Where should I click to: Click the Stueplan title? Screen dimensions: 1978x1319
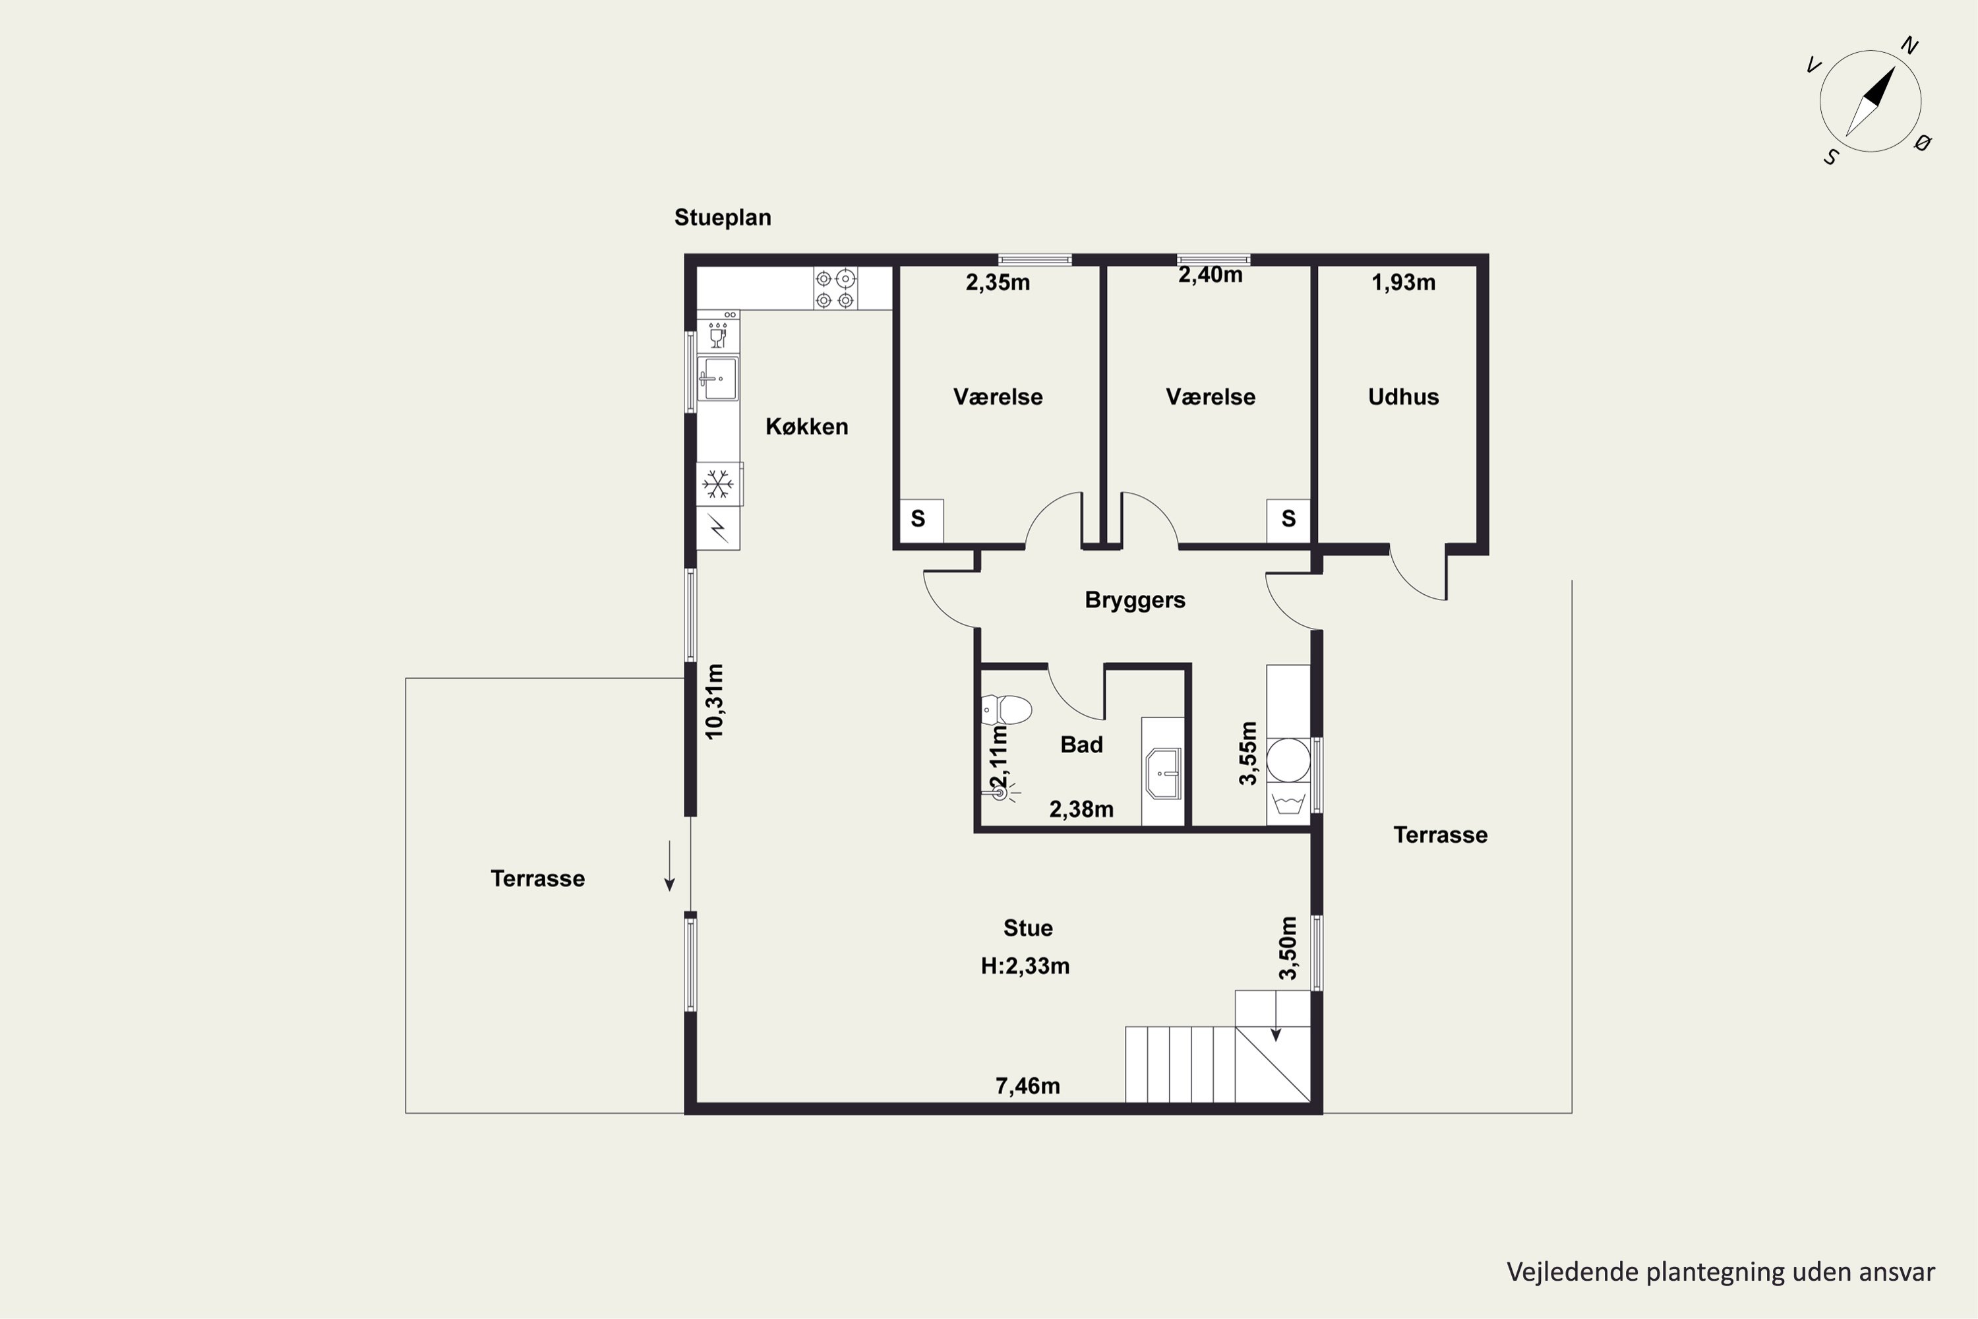(723, 218)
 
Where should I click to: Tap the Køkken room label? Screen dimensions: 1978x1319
(806, 427)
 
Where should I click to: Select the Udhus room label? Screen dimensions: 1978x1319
(1403, 397)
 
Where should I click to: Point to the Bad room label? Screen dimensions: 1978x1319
(1081, 745)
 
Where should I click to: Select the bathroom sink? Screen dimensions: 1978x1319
(1163, 773)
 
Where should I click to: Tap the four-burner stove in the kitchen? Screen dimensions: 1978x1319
(835, 289)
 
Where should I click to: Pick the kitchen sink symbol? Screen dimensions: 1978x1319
(717, 379)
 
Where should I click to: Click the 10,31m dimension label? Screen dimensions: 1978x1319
(714, 702)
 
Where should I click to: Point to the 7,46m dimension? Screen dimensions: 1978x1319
(1028, 1086)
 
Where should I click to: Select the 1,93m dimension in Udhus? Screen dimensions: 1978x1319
(1403, 283)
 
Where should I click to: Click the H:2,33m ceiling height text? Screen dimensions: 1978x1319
(1025, 966)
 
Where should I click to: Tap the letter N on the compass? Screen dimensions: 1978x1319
(1910, 46)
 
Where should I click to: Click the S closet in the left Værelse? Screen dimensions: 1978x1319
(918, 520)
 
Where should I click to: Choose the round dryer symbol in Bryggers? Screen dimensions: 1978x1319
(1288, 760)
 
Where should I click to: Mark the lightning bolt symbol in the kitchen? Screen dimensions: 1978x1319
(718, 528)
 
